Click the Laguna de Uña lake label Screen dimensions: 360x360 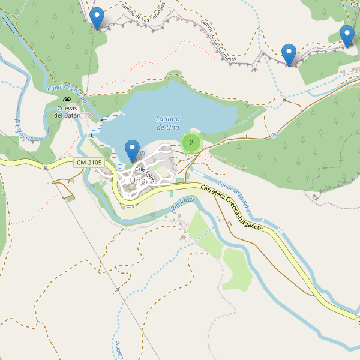[168, 122]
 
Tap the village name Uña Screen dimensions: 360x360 [137, 180]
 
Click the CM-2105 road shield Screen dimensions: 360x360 [89, 163]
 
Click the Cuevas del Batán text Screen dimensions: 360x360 [67, 111]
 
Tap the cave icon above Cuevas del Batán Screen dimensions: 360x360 [67, 100]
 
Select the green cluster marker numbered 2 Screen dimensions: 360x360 [191, 142]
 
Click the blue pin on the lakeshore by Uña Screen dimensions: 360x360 [132, 149]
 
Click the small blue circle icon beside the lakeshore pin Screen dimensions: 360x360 [143, 154]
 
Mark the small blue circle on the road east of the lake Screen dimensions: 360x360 [274, 135]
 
